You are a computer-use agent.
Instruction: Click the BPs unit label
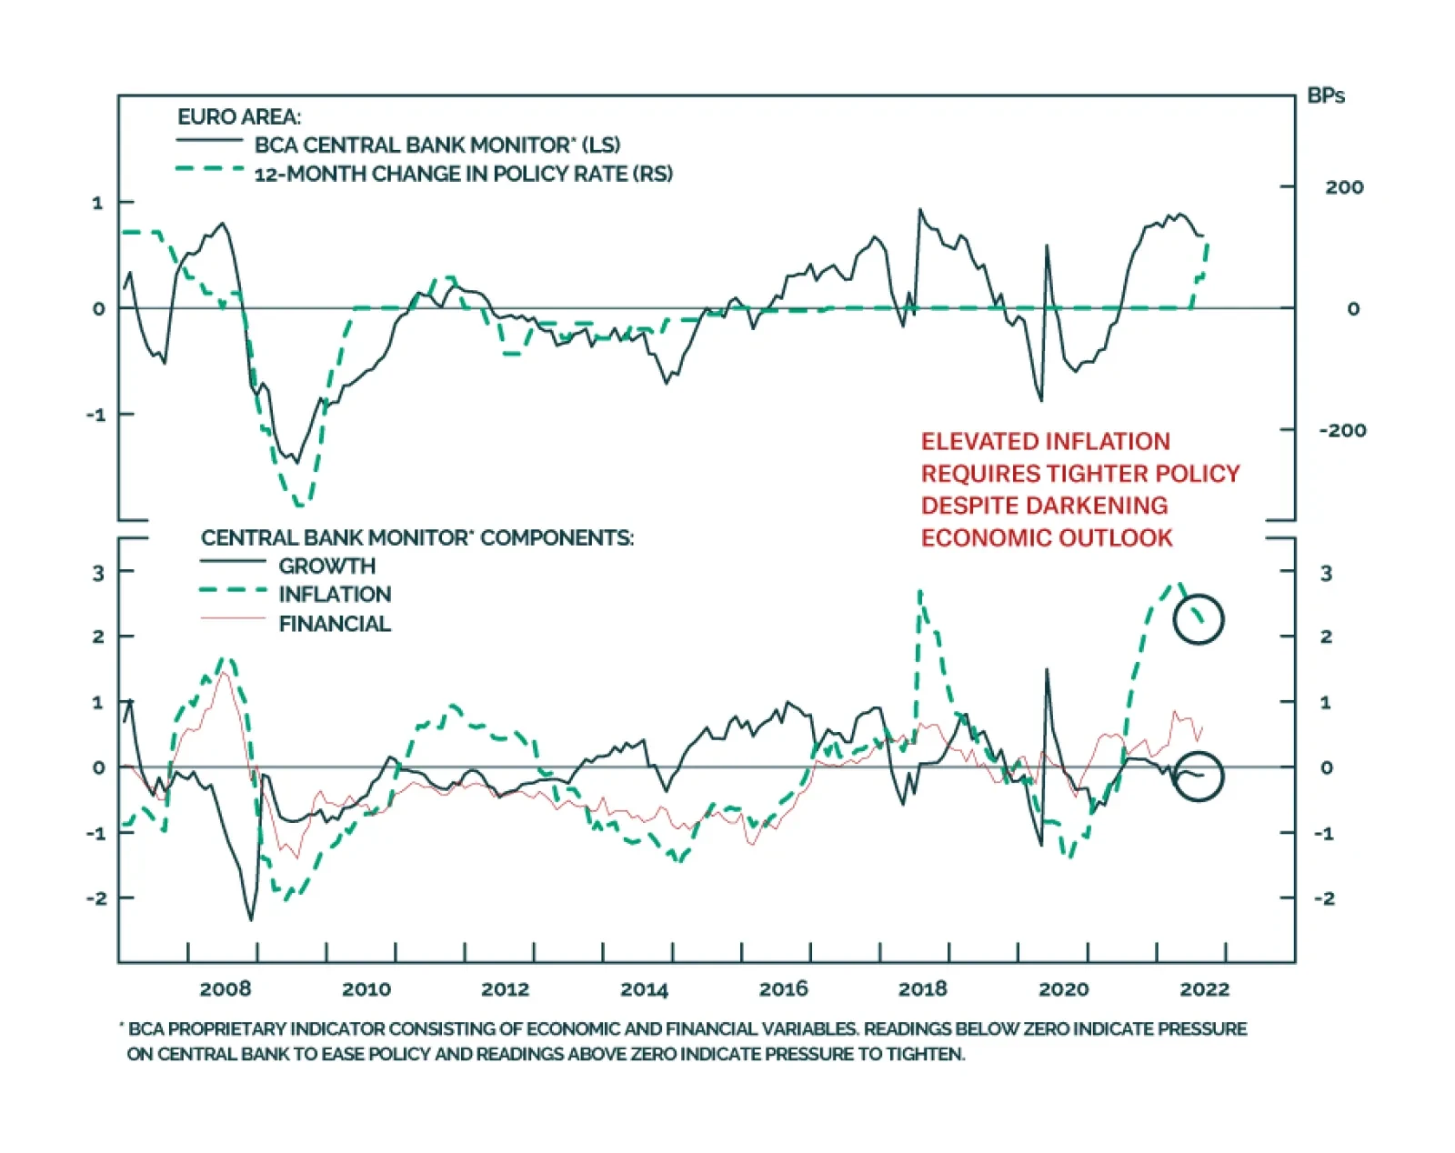click(x=1325, y=95)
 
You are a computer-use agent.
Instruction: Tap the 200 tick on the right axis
click(x=1343, y=187)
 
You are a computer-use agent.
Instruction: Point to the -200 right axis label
click(x=1342, y=430)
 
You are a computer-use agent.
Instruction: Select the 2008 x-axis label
click(x=225, y=989)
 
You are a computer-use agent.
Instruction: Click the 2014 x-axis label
click(x=644, y=989)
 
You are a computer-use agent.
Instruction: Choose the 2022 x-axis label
click(x=1204, y=989)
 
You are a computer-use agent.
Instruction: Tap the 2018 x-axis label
click(x=922, y=989)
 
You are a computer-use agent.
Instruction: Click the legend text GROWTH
click(x=326, y=566)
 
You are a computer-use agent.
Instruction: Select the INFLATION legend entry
click(x=334, y=595)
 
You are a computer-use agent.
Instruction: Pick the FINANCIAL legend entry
click(x=334, y=624)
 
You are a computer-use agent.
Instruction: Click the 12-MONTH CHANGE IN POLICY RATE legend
click(x=463, y=174)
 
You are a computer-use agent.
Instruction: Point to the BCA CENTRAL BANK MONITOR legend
click(x=436, y=145)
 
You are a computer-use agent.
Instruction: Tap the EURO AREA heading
click(x=238, y=116)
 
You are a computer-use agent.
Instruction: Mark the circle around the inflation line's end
click(x=1199, y=619)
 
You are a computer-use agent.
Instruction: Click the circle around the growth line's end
click(x=1199, y=777)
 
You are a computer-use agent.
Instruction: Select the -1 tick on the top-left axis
click(x=96, y=415)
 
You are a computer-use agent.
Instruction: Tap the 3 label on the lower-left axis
click(x=98, y=573)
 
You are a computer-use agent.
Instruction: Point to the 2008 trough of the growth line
click(x=251, y=919)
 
